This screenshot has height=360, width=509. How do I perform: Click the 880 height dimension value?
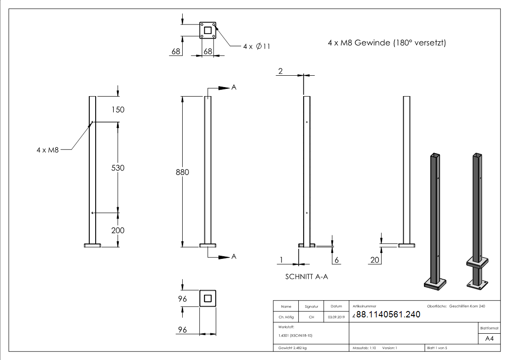pyautogui.click(x=182, y=172)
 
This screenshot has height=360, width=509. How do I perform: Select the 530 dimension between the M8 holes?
pyautogui.click(x=118, y=168)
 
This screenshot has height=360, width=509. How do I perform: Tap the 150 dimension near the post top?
pyautogui.click(x=118, y=110)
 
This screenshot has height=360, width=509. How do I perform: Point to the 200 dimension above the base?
pyautogui.click(x=118, y=230)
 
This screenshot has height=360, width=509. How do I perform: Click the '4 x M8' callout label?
pyautogui.click(x=48, y=149)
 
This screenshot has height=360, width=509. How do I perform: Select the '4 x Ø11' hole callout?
pyautogui.click(x=257, y=46)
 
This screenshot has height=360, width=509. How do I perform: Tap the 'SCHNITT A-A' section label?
pyautogui.click(x=306, y=277)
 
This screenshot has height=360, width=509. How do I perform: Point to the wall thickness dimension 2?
pyautogui.click(x=280, y=71)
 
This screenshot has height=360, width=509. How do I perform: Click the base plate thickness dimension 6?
pyautogui.click(x=336, y=260)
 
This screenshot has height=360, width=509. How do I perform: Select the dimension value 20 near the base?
pyautogui.click(x=374, y=260)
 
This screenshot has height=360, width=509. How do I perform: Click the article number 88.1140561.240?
pyautogui.click(x=388, y=315)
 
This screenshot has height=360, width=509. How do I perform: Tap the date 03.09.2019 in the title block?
pyautogui.click(x=336, y=317)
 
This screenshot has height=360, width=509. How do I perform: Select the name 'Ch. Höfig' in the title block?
pyautogui.click(x=286, y=317)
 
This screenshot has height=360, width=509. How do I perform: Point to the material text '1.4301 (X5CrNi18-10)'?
pyautogui.click(x=296, y=336)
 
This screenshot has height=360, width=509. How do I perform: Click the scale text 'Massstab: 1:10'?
pyautogui.click(x=364, y=348)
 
